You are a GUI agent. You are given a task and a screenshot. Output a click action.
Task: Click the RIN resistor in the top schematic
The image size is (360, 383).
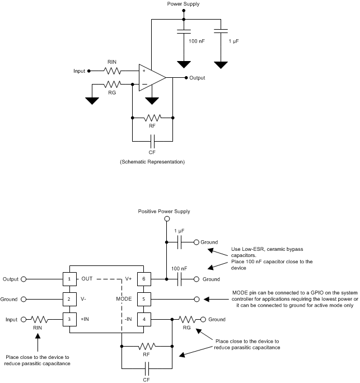click(x=112, y=71)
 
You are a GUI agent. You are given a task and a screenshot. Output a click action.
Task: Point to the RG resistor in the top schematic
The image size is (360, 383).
click(x=112, y=85)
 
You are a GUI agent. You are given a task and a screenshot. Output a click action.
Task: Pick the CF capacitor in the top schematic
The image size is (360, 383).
click(x=152, y=140)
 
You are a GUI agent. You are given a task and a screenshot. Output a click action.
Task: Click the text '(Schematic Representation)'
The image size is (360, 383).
click(x=152, y=162)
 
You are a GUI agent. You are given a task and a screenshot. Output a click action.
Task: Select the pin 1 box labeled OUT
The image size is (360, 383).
click(x=69, y=278)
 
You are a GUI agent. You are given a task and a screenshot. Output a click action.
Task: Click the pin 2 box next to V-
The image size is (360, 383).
click(x=69, y=299)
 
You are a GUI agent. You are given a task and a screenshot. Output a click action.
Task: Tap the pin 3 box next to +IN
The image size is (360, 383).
click(x=69, y=320)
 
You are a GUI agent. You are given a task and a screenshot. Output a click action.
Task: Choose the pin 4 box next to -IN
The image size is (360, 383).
click(x=144, y=320)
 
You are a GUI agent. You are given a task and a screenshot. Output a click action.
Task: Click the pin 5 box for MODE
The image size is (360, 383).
click(x=144, y=299)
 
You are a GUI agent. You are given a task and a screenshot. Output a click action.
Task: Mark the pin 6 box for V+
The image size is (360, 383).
click(x=144, y=278)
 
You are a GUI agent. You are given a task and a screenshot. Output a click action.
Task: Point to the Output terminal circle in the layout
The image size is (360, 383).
click(x=24, y=278)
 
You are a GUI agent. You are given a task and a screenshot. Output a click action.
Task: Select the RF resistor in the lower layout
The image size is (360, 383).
click(x=147, y=347)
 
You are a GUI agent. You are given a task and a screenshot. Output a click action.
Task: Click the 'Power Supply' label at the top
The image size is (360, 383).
click(x=183, y=4)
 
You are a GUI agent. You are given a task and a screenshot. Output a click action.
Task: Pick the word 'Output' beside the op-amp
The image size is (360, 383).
click(x=198, y=78)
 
